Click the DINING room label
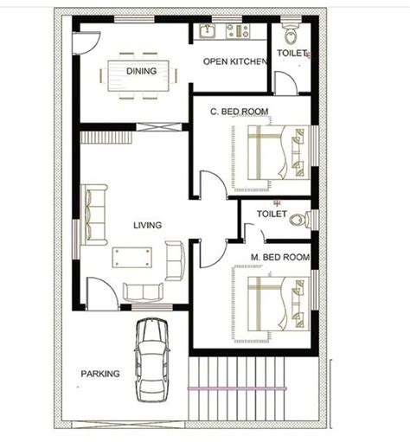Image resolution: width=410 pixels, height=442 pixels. click(x=141, y=71)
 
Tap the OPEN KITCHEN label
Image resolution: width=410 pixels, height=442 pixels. click(x=235, y=61)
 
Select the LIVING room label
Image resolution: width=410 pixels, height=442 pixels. click(x=147, y=225)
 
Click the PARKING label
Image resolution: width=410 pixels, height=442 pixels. click(x=100, y=374)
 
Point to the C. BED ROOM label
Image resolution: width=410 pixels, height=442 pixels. click(x=240, y=112)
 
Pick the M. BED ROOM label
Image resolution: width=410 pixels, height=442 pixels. click(x=280, y=257)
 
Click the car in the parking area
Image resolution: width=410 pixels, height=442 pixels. click(x=151, y=360)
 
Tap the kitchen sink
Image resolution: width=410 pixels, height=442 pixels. click(x=207, y=31)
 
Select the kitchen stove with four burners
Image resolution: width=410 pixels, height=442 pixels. click(x=238, y=31)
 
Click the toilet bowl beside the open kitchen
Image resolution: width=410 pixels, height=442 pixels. click(x=291, y=35)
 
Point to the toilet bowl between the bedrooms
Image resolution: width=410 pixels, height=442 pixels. click(x=300, y=221)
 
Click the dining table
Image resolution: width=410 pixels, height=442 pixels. click(x=138, y=75)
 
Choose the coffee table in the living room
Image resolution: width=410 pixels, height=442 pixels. click(x=132, y=258)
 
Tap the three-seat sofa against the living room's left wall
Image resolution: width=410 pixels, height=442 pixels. click(x=93, y=215)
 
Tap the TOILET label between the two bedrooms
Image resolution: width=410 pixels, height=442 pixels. click(x=272, y=214)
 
